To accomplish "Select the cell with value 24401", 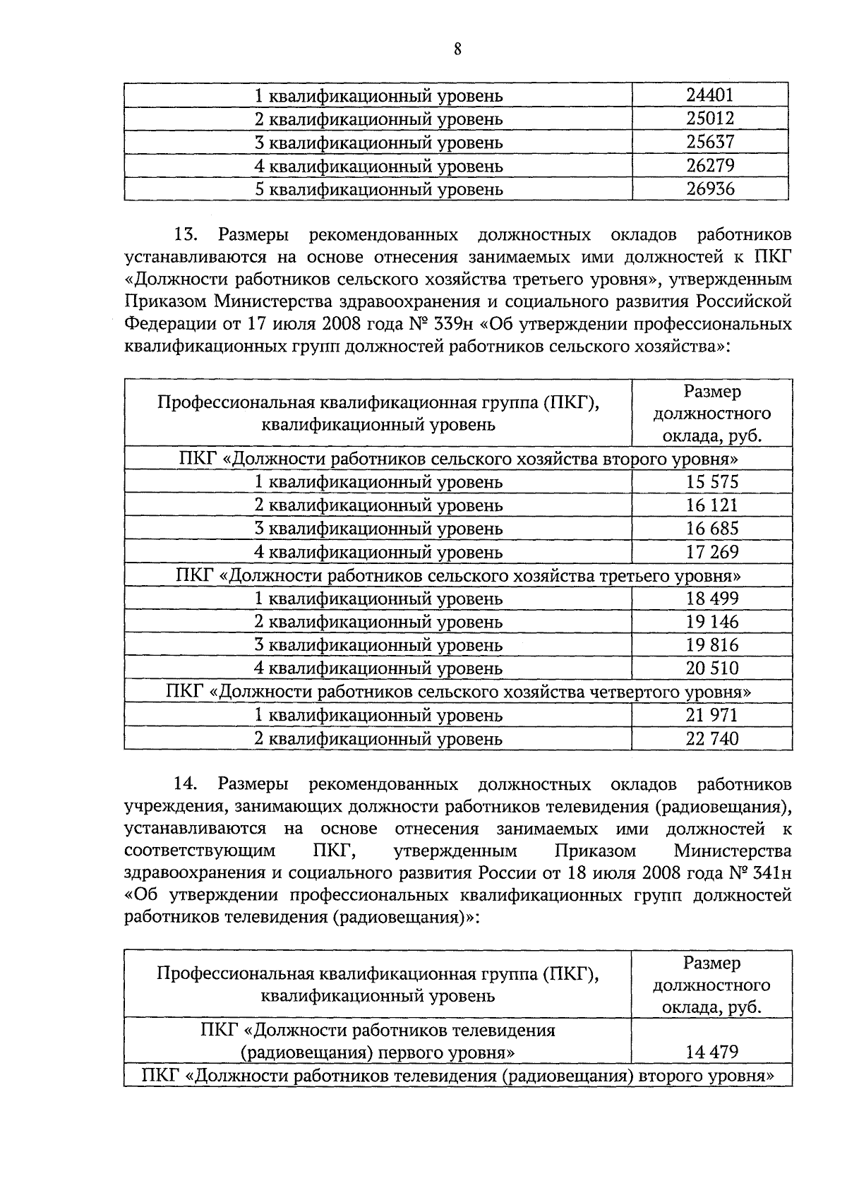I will point(711,95).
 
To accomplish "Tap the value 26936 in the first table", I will point(711,188).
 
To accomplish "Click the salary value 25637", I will point(711,142).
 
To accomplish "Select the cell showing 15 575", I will point(711,482).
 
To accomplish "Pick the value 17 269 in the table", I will point(711,552).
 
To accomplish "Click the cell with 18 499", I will point(711,599).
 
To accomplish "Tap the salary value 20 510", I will point(711,668).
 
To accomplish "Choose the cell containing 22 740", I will point(711,738).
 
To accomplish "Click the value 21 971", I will point(711,715).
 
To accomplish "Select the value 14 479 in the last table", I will point(711,1052).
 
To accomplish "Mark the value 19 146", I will point(711,622).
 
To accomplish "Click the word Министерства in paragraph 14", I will point(732,851).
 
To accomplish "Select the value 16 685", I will point(711,529).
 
